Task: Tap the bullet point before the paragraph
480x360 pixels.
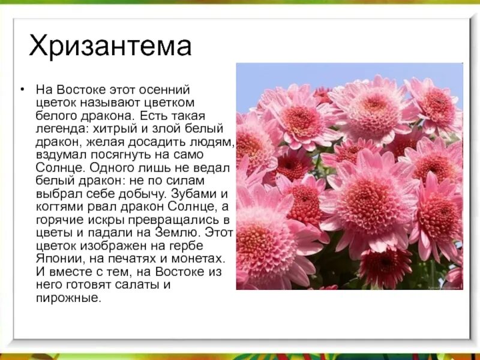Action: coord(23,89)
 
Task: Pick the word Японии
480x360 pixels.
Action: coord(57,259)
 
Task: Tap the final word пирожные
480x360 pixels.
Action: coord(68,298)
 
